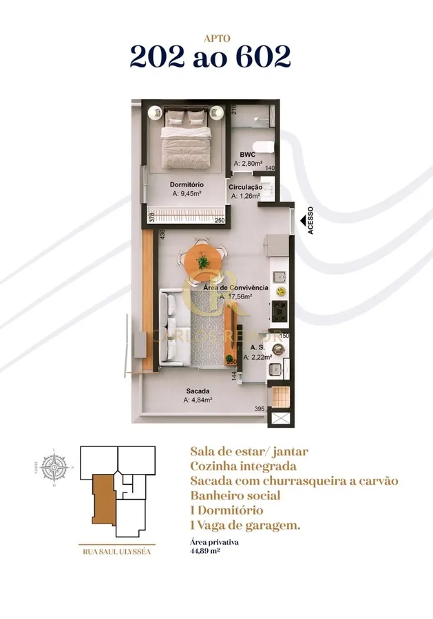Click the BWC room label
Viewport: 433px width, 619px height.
click(247, 155)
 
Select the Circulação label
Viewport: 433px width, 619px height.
click(245, 186)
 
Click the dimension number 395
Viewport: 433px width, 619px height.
click(260, 409)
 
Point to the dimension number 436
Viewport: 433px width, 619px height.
click(163, 235)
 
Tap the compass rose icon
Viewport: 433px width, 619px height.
click(53, 468)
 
